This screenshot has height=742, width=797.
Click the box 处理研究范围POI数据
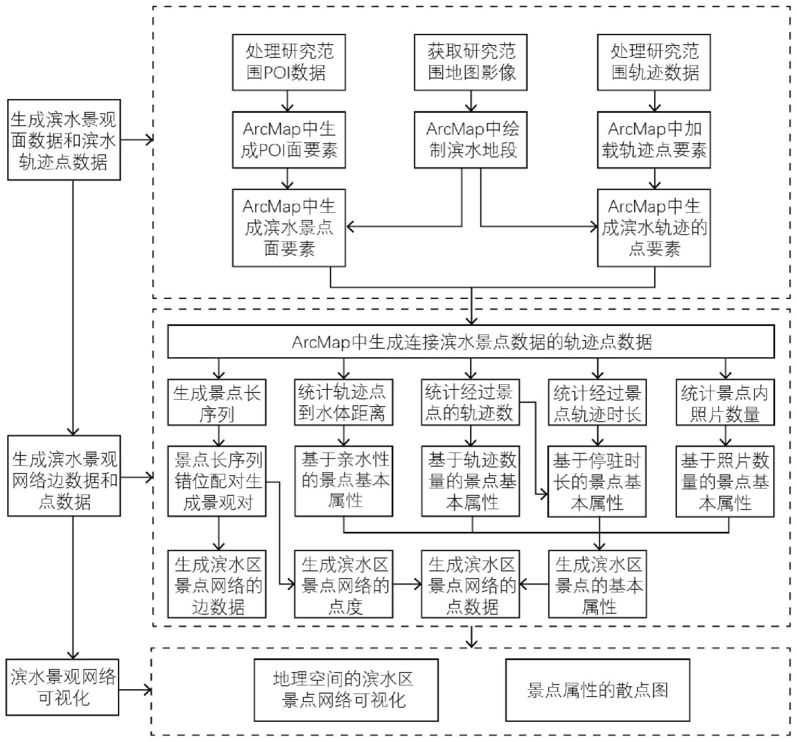point(289,63)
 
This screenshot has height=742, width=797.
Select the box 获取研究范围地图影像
point(470,63)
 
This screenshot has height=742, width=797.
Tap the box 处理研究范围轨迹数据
point(654,63)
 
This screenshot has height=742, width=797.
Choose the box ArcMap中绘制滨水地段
point(470,140)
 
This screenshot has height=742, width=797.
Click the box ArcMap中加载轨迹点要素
point(654,140)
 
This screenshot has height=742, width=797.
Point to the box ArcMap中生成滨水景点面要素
point(289,228)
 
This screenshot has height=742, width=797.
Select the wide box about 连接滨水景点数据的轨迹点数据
point(471,341)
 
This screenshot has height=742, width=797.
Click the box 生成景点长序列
point(217,402)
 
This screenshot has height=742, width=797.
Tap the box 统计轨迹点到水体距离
point(343,402)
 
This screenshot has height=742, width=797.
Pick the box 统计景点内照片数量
point(725,402)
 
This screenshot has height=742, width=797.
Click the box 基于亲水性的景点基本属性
point(343,481)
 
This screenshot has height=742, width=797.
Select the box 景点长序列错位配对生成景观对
point(217,481)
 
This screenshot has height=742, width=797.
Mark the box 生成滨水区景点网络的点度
point(343,584)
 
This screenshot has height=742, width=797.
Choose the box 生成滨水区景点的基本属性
point(597,584)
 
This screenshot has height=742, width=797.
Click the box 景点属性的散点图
point(598,690)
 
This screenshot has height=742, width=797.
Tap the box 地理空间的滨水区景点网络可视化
point(346,690)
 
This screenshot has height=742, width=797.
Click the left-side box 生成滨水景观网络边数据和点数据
point(64,476)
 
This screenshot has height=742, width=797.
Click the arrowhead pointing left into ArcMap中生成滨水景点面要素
point(350,227)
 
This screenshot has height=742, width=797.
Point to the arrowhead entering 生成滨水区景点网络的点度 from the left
point(291,583)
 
